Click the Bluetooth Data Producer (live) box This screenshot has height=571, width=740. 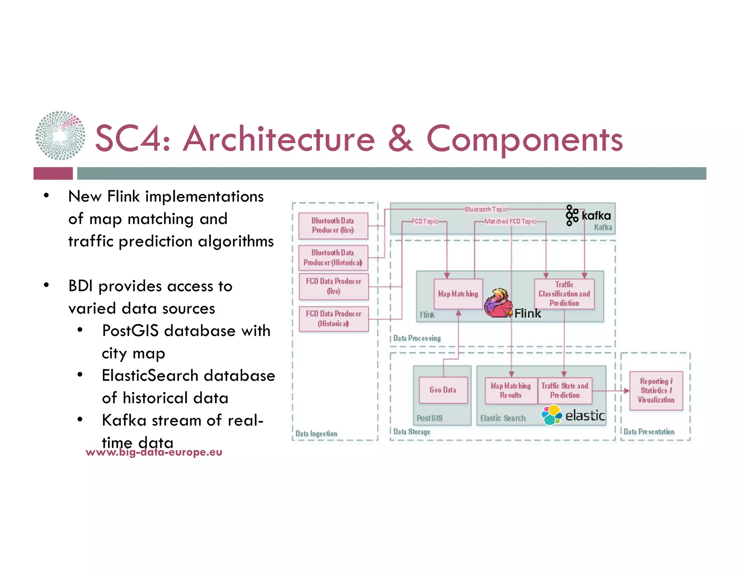(x=333, y=226)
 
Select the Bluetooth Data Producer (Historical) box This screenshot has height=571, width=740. (x=333, y=258)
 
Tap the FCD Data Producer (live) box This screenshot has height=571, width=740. (x=334, y=286)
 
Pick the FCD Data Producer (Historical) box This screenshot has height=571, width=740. (x=334, y=319)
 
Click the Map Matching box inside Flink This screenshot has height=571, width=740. (x=458, y=294)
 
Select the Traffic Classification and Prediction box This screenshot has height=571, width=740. (x=564, y=294)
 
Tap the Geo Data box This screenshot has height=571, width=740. (x=443, y=390)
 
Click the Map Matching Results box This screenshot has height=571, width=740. (x=511, y=391)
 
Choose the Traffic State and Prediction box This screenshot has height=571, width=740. (x=565, y=391)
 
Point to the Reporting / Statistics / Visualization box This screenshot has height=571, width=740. (x=656, y=391)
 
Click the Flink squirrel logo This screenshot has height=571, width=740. (x=498, y=304)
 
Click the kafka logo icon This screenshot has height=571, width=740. (x=572, y=215)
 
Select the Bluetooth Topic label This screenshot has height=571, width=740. (x=486, y=209)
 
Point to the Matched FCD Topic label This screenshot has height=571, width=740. (x=510, y=221)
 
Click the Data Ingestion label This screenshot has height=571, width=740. (x=316, y=433)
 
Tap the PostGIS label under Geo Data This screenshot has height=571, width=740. (x=429, y=418)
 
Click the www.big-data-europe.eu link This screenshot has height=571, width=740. (x=154, y=452)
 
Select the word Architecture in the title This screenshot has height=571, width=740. (x=279, y=139)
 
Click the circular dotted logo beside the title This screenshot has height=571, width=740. (x=60, y=135)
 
